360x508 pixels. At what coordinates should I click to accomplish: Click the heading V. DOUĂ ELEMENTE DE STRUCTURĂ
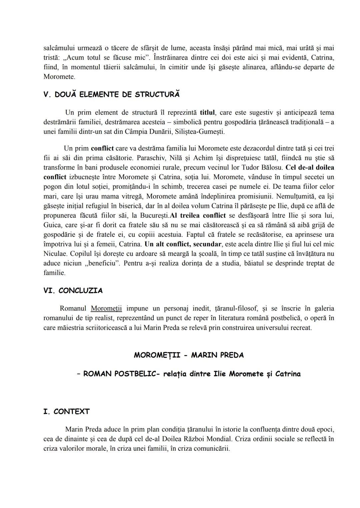111,95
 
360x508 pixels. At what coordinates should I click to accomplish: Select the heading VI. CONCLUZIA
73,291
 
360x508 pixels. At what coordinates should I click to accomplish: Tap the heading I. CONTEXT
66,412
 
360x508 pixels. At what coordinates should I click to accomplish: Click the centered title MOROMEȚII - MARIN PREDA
189,355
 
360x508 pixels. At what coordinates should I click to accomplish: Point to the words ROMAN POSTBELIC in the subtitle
117,374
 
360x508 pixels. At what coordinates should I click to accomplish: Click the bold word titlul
207,112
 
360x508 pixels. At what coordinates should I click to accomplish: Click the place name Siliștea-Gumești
199,132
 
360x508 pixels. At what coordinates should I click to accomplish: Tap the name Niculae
55,254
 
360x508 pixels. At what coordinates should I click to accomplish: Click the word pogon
53,187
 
